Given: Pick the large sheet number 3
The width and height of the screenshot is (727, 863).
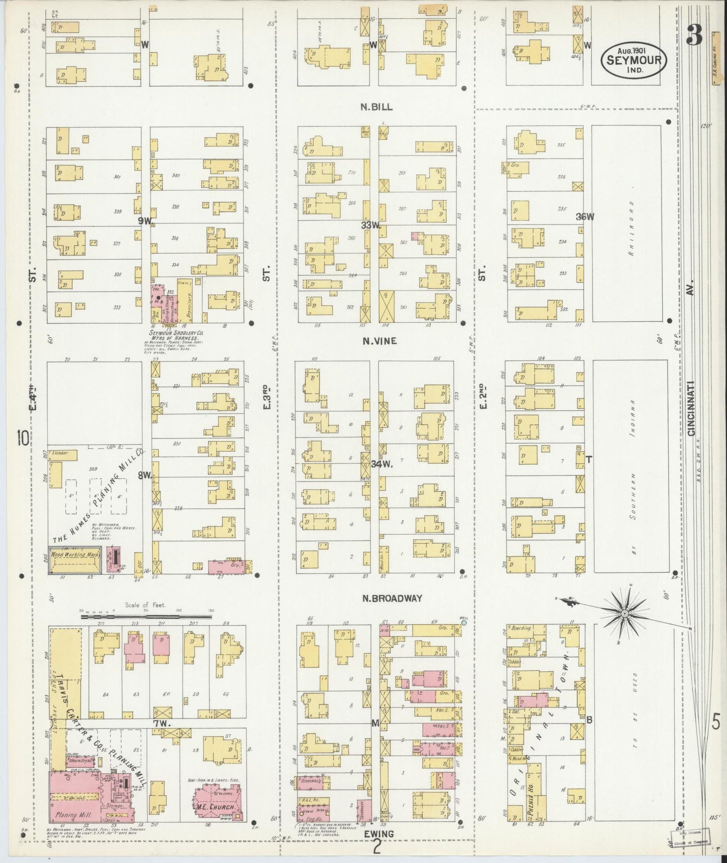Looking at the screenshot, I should (694, 34).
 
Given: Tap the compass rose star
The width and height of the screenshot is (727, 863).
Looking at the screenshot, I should (624, 613).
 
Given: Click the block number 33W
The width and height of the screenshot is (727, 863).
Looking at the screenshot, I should (370, 225).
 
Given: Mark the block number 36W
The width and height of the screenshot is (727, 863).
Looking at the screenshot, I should (585, 217).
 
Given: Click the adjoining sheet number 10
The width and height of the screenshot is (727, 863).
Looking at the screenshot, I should (23, 438).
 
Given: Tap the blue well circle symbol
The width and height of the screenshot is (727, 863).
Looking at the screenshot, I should (463, 623).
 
